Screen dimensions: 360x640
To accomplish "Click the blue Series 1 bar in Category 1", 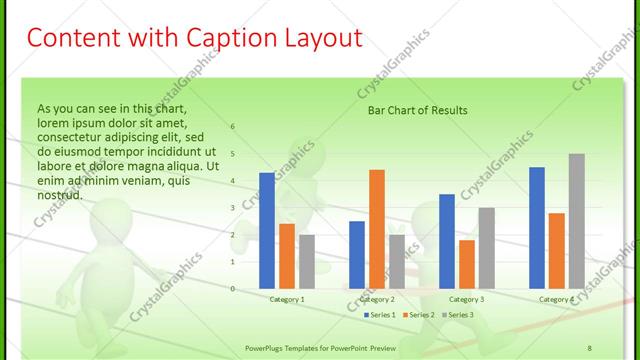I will point(266,231).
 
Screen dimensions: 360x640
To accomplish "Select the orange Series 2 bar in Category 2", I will point(377,229).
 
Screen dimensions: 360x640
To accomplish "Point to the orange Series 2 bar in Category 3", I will point(466,264).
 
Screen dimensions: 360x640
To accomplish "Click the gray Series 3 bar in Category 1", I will point(306,262).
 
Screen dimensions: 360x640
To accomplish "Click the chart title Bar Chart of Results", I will point(418,110).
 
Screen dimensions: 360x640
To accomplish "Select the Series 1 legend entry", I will point(380,315).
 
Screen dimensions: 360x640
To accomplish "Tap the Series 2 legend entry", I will point(420,315).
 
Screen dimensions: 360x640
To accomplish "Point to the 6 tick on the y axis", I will point(232,127).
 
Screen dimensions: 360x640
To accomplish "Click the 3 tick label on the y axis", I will point(232,208).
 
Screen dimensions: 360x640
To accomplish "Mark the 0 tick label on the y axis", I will point(232,289).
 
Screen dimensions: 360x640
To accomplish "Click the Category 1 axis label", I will point(287,299).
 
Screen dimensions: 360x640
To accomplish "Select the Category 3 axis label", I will point(466,299).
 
